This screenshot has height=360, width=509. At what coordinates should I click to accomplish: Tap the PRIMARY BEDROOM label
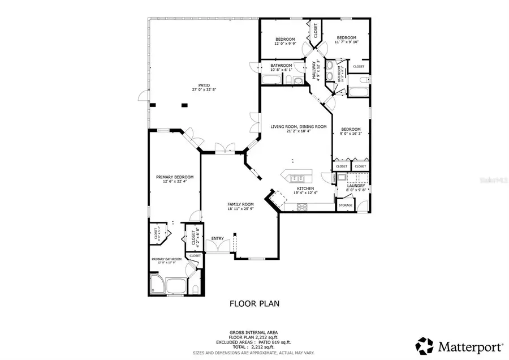(x=175, y=177)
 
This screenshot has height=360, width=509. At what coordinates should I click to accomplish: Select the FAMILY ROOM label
(x=240, y=204)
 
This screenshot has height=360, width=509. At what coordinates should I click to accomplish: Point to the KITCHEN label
(x=305, y=188)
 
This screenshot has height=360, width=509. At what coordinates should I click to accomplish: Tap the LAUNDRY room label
(x=356, y=186)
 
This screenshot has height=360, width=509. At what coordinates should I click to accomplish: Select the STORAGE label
(x=346, y=205)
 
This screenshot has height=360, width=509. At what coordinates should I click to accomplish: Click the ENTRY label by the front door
(x=218, y=238)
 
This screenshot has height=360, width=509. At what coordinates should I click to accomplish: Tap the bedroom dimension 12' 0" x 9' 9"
(x=285, y=43)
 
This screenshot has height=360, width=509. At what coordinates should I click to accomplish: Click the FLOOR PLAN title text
(x=254, y=303)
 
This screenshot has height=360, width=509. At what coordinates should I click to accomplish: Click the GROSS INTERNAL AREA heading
(x=253, y=332)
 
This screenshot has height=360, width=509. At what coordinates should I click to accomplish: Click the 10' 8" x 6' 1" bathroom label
(x=281, y=70)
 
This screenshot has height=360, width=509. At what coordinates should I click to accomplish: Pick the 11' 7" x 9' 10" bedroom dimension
(x=346, y=42)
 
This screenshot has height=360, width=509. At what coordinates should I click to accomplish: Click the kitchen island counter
(x=296, y=175)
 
